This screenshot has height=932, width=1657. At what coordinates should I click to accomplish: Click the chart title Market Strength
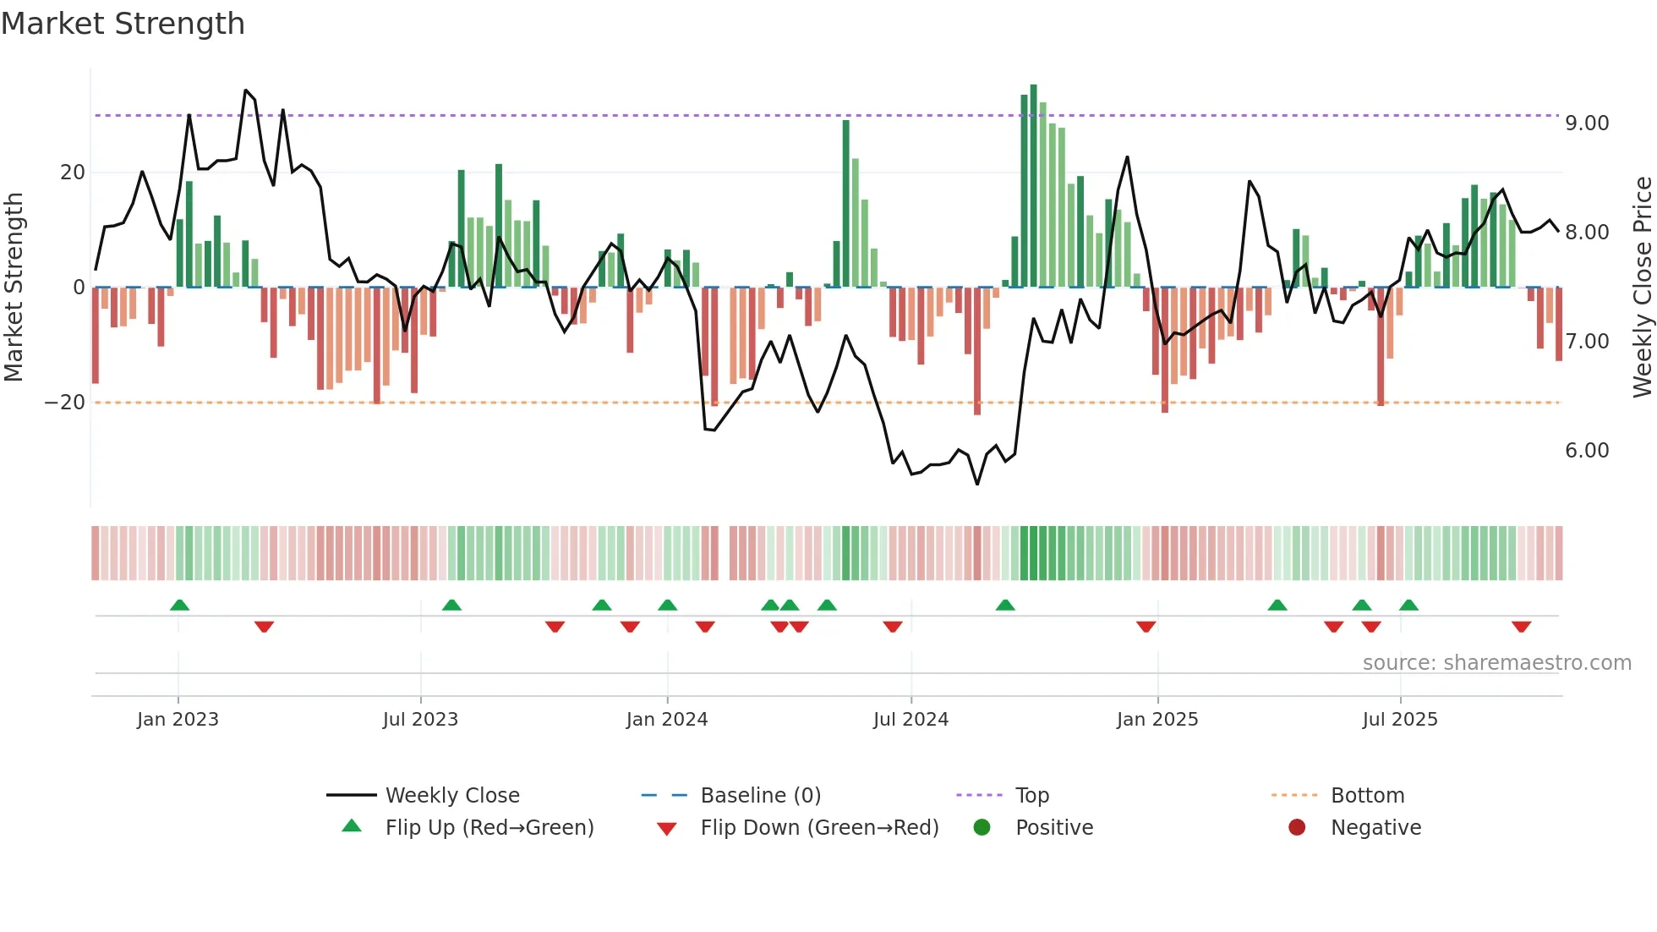(x=123, y=24)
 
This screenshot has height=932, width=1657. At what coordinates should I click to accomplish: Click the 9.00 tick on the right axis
(x=1586, y=123)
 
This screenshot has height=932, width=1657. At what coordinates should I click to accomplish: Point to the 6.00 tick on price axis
(x=1586, y=451)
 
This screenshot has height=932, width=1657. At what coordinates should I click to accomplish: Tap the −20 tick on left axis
(x=65, y=403)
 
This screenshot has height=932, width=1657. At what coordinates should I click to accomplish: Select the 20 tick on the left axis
(x=73, y=173)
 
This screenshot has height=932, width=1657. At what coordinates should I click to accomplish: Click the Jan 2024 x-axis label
(x=666, y=720)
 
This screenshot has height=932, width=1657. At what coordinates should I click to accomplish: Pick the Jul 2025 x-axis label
(x=1399, y=720)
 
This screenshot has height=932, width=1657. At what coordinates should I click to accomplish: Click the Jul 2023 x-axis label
(x=420, y=720)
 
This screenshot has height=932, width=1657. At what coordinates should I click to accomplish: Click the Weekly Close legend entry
(x=451, y=796)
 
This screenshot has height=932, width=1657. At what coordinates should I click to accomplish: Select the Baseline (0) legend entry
(x=760, y=796)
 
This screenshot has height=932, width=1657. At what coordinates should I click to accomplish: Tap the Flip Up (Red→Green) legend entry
(x=489, y=828)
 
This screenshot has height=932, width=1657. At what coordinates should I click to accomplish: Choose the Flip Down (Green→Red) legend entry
(x=818, y=828)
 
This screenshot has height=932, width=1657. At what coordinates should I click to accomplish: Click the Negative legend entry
(x=1375, y=828)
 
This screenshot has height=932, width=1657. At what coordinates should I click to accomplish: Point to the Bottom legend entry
(x=1366, y=796)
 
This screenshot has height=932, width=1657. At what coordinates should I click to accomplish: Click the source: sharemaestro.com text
(x=1496, y=663)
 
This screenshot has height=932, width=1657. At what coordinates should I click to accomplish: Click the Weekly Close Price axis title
(x=1642, y=288)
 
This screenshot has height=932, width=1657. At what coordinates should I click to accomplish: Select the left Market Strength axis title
(x=14, y=288)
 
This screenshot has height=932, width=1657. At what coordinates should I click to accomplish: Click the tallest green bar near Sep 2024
(x=1033, y=186)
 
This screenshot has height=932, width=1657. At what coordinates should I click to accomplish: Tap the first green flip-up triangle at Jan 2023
(x=179, y=605)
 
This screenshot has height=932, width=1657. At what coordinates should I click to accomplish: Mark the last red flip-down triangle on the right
(x=1521, y=627)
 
